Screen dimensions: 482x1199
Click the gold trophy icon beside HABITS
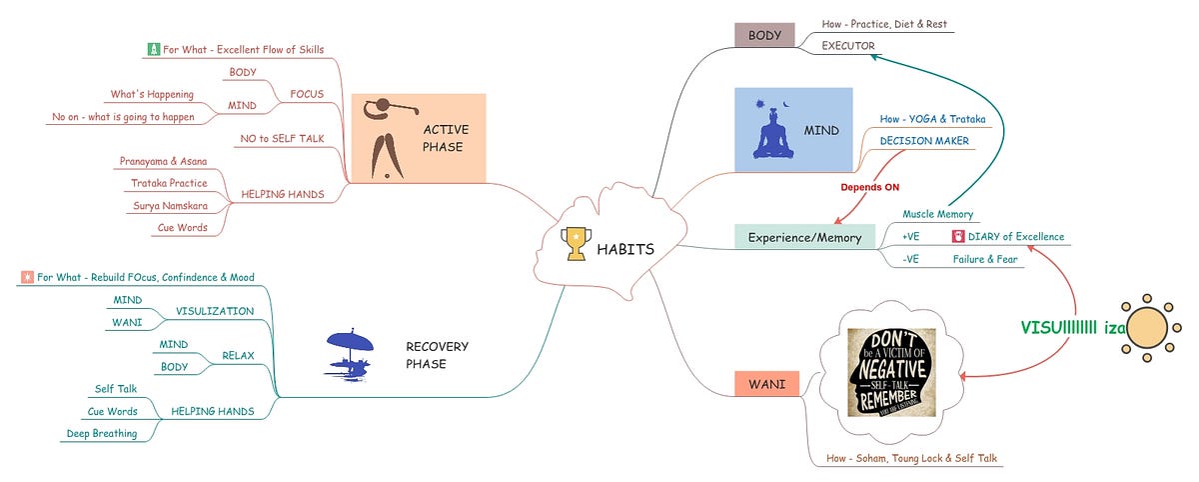point(577,245)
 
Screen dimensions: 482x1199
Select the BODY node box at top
point(764,35)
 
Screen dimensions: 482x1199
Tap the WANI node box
point(766,383)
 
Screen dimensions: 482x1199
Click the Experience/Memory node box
point(804,238)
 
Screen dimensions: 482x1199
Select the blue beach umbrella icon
point(351,352)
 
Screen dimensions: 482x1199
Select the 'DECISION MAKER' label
point(924,141)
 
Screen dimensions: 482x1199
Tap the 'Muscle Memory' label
point(937,214)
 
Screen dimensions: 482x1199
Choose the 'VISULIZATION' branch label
point(215,311)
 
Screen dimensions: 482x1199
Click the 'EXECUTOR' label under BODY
point(848,46)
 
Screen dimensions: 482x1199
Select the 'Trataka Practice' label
point(169,183)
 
